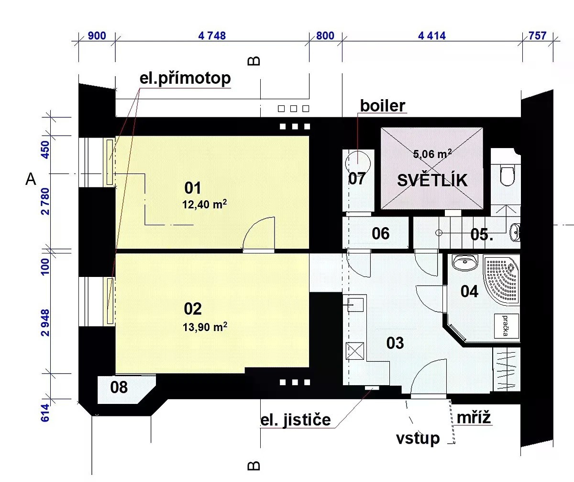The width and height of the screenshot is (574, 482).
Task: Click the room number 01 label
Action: [x=192, y=188]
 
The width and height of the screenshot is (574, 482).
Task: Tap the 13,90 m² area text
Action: [x=205, y=327]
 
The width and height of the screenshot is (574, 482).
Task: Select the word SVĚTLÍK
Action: [x=432, y=181]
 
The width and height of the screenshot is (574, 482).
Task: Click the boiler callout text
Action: [x=383, y=106]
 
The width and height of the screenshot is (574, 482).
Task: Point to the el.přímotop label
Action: [x=185, y=79]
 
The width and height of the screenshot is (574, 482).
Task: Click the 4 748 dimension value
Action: [x=212, y=36]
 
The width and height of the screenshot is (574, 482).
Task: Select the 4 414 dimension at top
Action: [x=431, y=36]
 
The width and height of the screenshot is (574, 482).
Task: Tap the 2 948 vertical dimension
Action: [x=45, y=322]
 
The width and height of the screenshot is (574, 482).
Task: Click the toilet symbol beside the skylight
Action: [x=507, y=175]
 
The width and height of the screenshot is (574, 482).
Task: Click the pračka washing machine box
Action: [x=507, y=326]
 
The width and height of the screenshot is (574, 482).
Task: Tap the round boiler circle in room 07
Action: [x=358, y=163]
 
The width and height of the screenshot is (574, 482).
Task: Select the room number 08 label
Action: [x=119, y=387]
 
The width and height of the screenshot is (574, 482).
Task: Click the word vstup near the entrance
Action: [x=418, y=438]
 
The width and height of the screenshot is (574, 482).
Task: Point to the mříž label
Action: [x=474, y=417]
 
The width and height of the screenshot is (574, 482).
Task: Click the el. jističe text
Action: [x=295, y=420]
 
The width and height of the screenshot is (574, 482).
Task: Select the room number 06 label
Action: [x=380, y=233]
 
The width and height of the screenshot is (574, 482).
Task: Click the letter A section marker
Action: [x=31, y=179]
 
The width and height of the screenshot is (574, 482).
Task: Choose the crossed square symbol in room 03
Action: [x=354, y=351]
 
